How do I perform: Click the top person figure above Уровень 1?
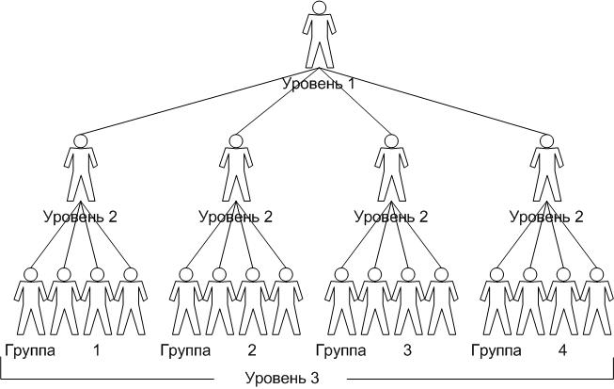pyautogui.click(x=320, y=38)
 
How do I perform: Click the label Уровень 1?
pyautogui.click(x=320, y=84)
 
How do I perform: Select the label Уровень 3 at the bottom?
pyautogui.click(x=282, y=379)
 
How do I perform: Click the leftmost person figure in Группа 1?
pyautogui.click(x=30, y=301)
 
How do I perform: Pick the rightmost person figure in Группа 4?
pyautogui.click(x=594, y=301)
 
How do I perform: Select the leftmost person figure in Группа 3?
pyautogui.click(x=340, y=301)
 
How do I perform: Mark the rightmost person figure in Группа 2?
pyautogui.click(x=284, y=301)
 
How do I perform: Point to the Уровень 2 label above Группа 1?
pyautogui.click(x=81, y=217)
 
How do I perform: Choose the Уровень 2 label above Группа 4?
pyautogui.click(x=546, y=217)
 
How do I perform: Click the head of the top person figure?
pyautogui.click(x=320, y=8)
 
